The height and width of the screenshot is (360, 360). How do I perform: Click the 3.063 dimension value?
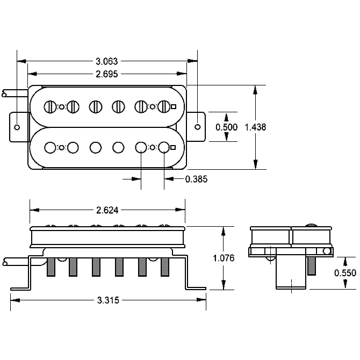107,61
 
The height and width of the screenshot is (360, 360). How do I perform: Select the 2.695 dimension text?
107,74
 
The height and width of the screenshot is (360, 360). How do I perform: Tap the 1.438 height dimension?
255,127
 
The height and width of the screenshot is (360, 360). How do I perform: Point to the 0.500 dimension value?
226,127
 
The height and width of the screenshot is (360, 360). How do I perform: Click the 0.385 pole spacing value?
196,179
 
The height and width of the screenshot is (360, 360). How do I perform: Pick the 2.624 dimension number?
107,210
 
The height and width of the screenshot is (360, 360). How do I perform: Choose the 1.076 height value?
224,258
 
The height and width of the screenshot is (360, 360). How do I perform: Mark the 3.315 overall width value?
108,300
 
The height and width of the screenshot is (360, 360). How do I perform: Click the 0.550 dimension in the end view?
345,273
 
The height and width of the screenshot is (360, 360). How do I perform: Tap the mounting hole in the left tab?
17,127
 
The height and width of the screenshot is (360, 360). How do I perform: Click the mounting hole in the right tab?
197,127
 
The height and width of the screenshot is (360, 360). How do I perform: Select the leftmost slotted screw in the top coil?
51,107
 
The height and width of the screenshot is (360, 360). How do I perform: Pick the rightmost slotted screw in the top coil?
164,107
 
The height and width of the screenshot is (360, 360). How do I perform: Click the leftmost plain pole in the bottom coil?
50,147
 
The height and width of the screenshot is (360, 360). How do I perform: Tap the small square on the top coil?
174,107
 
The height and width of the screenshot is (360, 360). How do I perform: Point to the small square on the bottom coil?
174,147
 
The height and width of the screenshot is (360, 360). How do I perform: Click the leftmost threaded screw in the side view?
51,267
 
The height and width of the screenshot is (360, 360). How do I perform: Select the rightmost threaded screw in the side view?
165,267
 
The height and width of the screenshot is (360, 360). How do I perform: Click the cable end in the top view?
4,93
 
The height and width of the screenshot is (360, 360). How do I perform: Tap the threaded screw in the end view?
311,266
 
